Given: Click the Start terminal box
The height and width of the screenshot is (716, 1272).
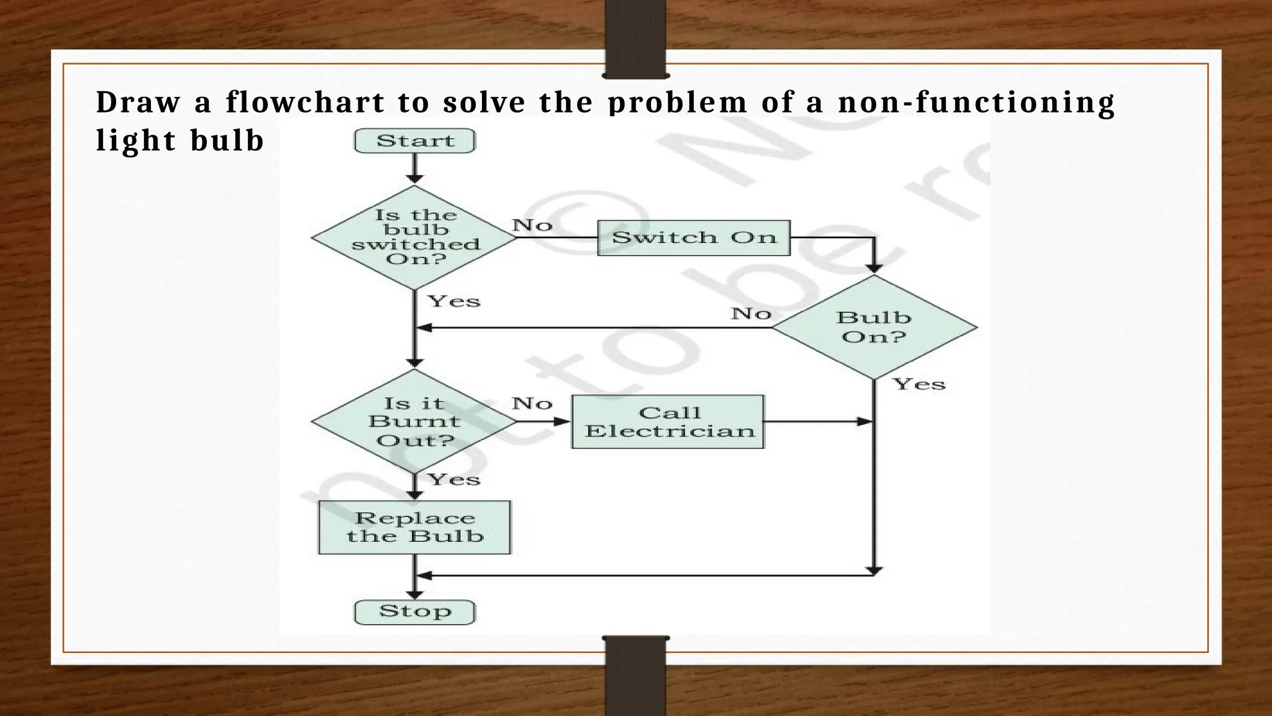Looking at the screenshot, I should coord(414,141).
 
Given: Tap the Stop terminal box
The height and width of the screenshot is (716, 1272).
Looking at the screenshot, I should coord(414,612).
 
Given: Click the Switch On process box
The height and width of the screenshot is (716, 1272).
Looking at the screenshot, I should coord(693,237).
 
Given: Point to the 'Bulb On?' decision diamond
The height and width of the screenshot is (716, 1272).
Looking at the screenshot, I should coord(874,327).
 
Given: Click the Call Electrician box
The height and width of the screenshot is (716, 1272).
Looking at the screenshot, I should coord(668,421).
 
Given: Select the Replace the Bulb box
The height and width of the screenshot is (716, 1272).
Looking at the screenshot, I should coord(414,527).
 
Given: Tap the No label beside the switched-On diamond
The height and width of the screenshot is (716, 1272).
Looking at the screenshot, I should coord(532,224).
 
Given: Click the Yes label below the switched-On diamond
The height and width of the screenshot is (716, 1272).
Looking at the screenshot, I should coord(454,301).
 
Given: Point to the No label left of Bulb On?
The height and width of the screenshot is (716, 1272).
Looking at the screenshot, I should coord(751,313).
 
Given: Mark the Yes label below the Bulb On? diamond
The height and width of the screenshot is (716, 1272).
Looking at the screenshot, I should coord(919,384).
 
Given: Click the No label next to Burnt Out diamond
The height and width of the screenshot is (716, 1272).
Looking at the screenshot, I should coord(532,403).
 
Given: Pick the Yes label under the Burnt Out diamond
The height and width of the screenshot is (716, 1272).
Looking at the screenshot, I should coord(454,479).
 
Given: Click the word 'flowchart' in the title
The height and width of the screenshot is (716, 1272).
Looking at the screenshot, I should coord(305,103).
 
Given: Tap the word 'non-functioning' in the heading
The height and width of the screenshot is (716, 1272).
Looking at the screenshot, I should coord(976,103).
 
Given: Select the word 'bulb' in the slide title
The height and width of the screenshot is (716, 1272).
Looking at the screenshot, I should coord(227,140).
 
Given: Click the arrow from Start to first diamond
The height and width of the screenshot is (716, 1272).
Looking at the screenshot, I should coord(414,168).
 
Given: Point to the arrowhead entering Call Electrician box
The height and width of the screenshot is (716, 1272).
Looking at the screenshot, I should coord(563,421).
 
